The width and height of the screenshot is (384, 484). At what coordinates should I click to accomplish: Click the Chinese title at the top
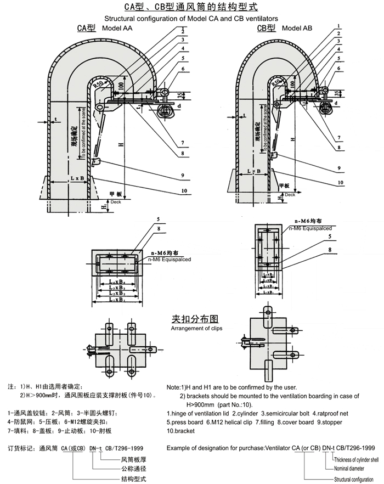(191, 8)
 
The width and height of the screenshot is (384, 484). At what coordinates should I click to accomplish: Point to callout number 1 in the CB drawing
(340, 26)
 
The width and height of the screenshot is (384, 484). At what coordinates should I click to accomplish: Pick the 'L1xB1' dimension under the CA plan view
(117, 300)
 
